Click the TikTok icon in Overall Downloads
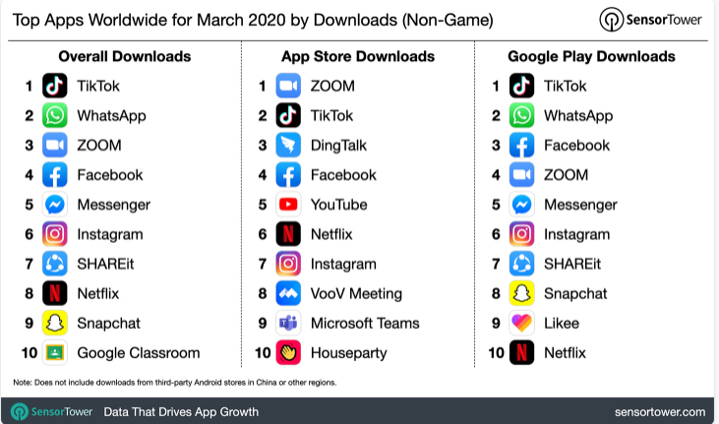tap(55, 86)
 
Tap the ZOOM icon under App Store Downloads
tap(288, 86)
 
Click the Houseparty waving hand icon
tap(288, 352)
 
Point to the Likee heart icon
tap(522, 323)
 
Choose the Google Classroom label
tap(138, 352)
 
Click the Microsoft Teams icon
tap(288, 323)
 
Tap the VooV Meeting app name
tap(356, 293)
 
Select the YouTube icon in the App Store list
tap(288, 205)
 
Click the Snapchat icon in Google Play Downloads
tap(522, 293)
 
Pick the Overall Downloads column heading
tap(125, 56)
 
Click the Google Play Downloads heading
tap(591, 56)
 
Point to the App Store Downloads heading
tap(358, 56)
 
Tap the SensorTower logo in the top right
tap(650, 19)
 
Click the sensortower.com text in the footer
tap(659, 410)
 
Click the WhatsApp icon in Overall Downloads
tap(55, 115)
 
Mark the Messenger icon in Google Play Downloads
tap(522, 205)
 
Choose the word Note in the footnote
tap(23, 381)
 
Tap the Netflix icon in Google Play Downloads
tap(522, 352)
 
